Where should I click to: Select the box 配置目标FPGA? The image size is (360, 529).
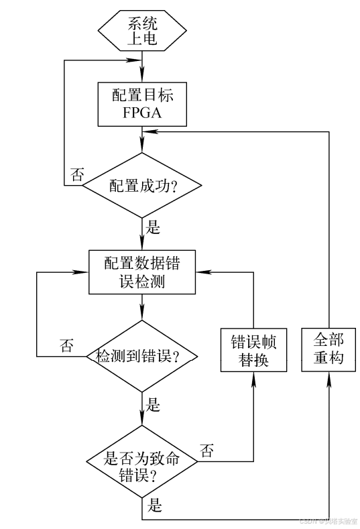pos(142,104)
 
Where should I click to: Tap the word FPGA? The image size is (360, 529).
pos(142,113)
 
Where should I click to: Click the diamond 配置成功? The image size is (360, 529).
pos(142,185)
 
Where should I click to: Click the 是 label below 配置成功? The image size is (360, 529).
pos(154,227)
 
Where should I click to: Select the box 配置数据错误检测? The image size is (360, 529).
pos(142,272)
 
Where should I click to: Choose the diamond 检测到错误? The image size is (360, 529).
pos(142,355)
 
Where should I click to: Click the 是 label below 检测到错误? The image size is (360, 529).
pos(154,404)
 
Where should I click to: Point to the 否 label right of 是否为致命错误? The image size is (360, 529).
pos(208,451)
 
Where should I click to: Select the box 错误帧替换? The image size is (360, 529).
pos(254,349)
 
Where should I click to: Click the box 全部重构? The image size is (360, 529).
pos(328,349)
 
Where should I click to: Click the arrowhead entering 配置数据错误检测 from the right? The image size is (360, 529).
pos(201,272)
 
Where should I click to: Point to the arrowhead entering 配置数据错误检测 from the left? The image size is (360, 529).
pos(83,272)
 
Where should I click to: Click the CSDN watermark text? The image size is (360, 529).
pos(328,520)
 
